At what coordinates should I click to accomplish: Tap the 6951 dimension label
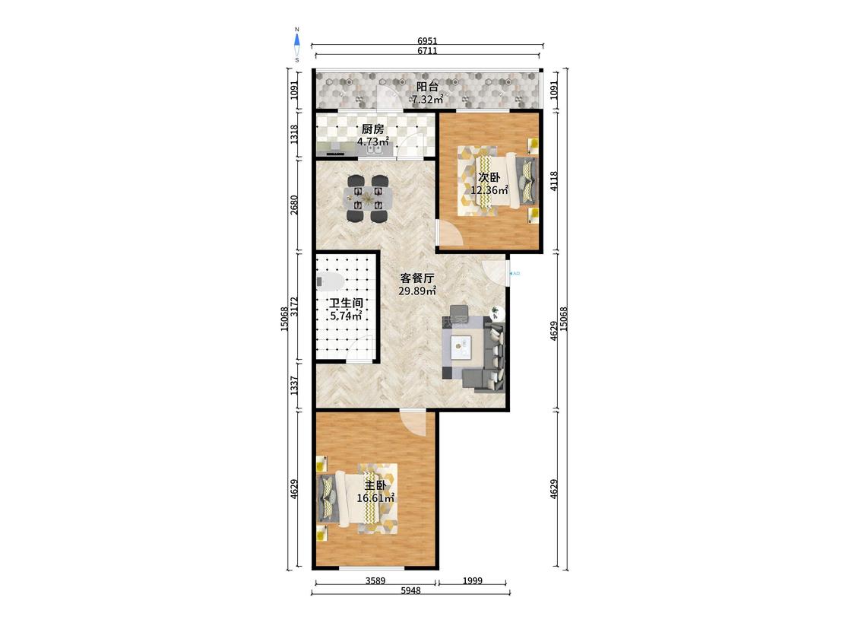click(x=427, y=41)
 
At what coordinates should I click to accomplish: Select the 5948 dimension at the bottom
click(x=410, y=591)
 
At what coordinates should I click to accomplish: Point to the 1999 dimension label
click(x=472, y=581)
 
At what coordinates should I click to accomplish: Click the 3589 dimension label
click(x=375, y=581)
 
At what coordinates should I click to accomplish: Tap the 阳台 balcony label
click(x=427, y=87)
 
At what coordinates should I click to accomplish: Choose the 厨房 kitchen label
click(x=373, y=129)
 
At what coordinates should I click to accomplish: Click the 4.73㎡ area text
click(x=373, y=142)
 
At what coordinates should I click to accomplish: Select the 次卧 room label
click(x=489, y=177)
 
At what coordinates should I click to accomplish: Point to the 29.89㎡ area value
click(x=417, y=291)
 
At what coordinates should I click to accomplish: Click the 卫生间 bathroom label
click(x=346, y=303)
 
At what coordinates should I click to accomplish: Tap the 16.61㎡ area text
click(x=375, y=498)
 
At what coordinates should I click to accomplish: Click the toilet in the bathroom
click(x=329, y=281)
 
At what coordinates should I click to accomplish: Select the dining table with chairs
click(x=368, y=199)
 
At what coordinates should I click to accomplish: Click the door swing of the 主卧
click(x=413, y=422)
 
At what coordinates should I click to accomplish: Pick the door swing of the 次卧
click(x=451, y=234)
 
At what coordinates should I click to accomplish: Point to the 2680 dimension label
click(x=294, y=205)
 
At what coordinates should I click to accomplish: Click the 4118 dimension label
click(x=554, y=181)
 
